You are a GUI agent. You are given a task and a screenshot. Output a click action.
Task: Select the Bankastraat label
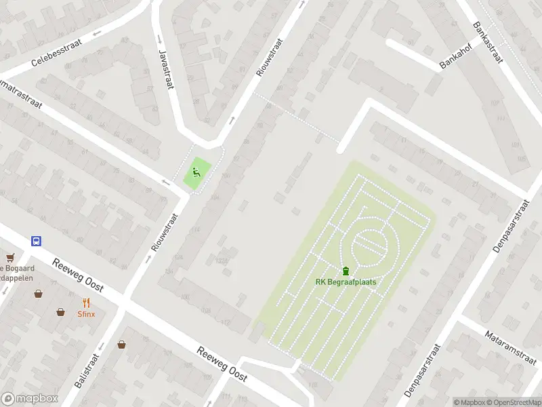tap(488, 42)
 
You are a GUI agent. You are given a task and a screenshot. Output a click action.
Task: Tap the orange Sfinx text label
tap(86, 314)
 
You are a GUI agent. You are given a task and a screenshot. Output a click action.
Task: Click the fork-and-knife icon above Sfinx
tap(86, 303)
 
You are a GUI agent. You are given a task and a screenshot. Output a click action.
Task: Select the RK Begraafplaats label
tap(346, 282)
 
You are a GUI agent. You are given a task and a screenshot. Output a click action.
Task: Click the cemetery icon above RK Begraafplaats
tap(346, 271)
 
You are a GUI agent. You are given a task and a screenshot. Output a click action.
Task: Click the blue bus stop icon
tap(36, 240)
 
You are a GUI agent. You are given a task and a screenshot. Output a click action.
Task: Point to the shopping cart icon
tap(9, 257)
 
